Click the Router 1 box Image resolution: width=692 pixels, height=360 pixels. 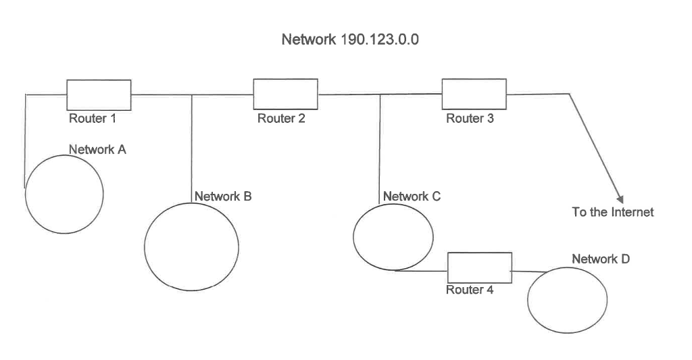[x=99, y=95]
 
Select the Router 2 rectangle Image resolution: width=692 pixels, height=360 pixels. [x=285, y=94]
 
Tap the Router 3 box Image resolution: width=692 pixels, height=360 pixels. [x=474, y=94]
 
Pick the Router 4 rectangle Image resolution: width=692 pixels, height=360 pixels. [x=479, y=267]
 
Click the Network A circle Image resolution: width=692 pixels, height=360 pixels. [x=64, y=194]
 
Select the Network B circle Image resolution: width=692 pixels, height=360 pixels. [x=192, y=246]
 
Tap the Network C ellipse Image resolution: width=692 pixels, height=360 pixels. [x=393, y=236]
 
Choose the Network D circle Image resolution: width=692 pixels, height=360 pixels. [x=567, y=300]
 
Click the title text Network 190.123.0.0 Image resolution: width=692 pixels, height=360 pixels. [x=350, y=40]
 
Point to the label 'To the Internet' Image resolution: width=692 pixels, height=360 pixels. [x=613, y=212]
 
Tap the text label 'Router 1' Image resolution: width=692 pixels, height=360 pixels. [x=93, y=119]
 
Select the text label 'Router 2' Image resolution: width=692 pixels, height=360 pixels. [x=281, y=119]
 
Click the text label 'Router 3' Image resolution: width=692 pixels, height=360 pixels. [x=470, y=119]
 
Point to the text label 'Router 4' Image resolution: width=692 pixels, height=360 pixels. [x=470, y=290]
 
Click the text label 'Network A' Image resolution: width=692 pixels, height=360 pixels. [x=97, y=150]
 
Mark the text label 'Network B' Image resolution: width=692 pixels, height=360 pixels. [x=223, y=197]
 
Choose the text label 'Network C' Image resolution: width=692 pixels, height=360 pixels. [x=412, y=197]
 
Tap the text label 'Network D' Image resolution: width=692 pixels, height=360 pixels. [x=601, y=259]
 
